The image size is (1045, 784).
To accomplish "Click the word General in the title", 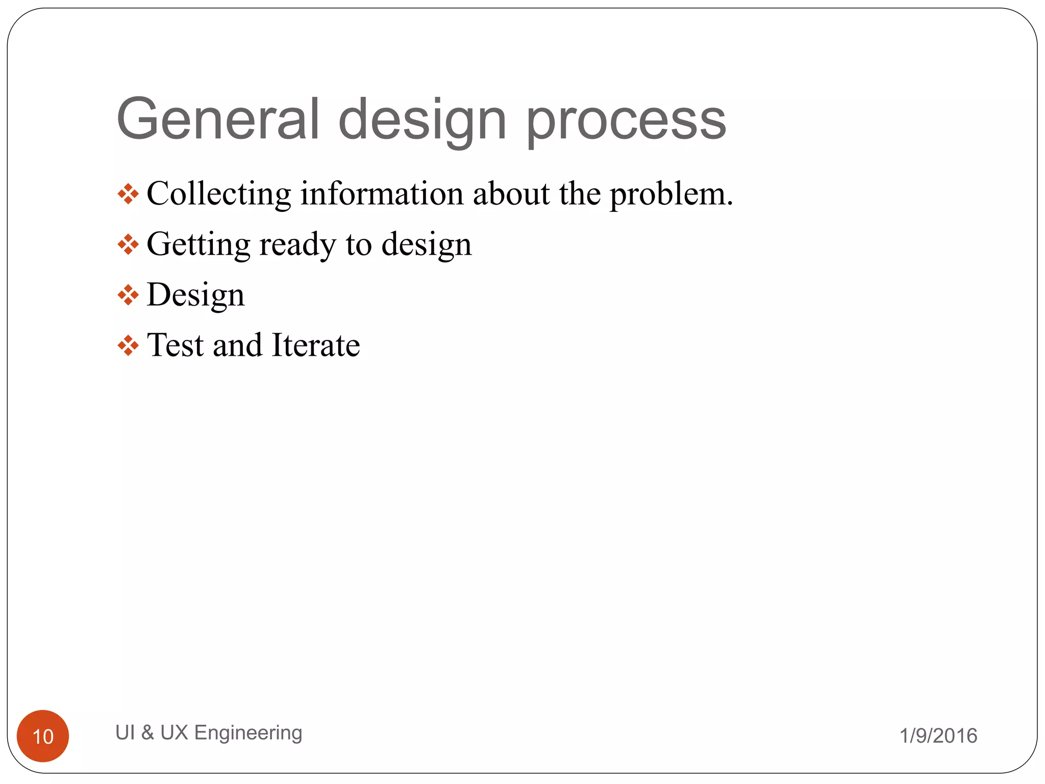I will [x=218, y=119].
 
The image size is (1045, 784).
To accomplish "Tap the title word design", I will [x=422, y=122].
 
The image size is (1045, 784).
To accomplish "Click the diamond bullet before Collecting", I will [x=128, y=194].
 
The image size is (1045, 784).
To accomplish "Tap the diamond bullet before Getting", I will [x=128, y=244].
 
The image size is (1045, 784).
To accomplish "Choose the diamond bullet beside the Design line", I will [x=128, y=295].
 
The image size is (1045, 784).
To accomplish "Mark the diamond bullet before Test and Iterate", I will [x=128, y=346].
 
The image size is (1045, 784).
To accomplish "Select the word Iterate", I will [x=316, y=345].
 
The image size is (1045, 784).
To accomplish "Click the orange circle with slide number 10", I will [x=43, y=736].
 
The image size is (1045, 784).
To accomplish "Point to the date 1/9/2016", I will [x=938, y=736].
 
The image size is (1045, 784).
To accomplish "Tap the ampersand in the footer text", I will [x=147, y=732].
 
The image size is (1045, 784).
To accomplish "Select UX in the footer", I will [x=174, y=732].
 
